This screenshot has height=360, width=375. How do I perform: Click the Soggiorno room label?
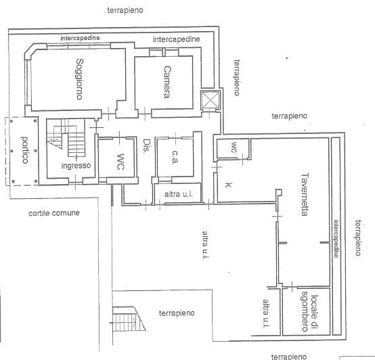(79, 79)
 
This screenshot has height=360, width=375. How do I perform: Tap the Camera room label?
(167, 82)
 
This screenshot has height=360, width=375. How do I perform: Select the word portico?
(25, 150)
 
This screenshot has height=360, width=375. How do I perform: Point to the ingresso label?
(76, 165)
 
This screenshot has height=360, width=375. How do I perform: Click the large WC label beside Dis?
(120, 162)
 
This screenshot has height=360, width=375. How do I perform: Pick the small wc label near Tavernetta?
(234, 148)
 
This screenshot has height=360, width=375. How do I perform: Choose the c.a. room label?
(175, 157)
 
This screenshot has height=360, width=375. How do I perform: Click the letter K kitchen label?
(228, 185)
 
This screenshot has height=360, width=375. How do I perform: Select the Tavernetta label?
(305, 195)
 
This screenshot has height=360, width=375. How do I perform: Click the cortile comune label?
(54, 213)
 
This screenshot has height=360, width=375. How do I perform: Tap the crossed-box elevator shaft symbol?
(211, 99)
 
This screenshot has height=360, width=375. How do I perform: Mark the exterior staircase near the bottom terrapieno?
(129, 319)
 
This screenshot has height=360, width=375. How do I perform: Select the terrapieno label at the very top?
(125, 10)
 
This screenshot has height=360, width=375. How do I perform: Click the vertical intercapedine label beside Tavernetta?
(336, 239)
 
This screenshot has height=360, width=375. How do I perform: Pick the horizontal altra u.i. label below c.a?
(179, 194)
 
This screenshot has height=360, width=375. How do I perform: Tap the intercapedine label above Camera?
(177, 39)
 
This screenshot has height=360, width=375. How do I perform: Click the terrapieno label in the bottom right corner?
(289, 357)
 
